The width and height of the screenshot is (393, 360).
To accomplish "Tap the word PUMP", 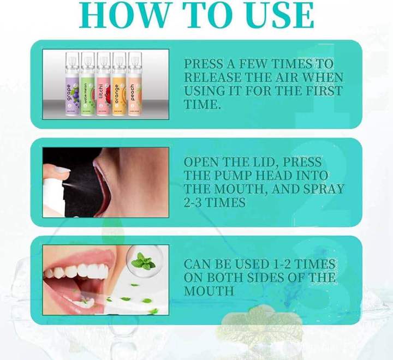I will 229,176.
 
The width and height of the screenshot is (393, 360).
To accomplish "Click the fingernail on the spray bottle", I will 61,170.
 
